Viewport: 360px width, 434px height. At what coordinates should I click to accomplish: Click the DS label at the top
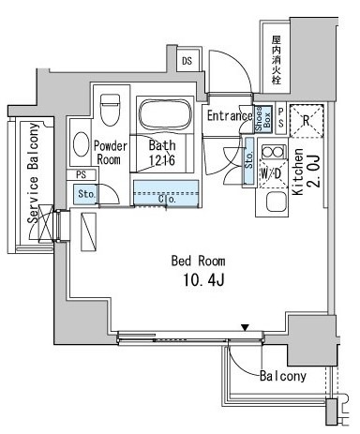tap(187, 61)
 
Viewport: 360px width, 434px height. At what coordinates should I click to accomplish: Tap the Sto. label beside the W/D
tap(248, 156)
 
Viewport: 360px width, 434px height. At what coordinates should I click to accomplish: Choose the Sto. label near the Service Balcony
tap(85, 195)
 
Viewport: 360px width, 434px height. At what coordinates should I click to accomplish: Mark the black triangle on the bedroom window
tap(246, 328)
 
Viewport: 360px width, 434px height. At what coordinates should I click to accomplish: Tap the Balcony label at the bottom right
tap(282, 376)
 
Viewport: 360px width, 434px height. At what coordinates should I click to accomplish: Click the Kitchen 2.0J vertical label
tap(305, 177)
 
